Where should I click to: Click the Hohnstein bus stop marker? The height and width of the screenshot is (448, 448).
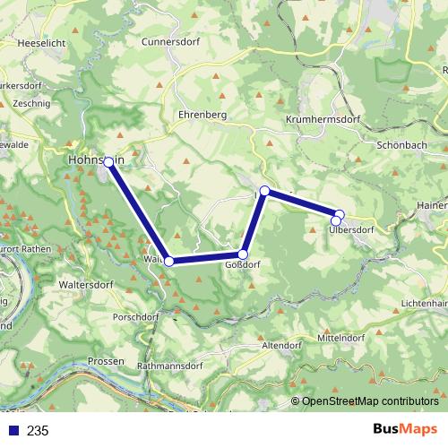[108, 162]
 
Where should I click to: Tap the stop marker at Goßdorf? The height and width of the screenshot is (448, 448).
[243, 254]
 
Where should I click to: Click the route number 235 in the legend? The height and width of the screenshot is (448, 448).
[38, 431]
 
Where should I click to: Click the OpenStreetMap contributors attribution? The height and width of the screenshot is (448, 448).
[369, 402]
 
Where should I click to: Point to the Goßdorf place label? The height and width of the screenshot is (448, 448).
[244, 266]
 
